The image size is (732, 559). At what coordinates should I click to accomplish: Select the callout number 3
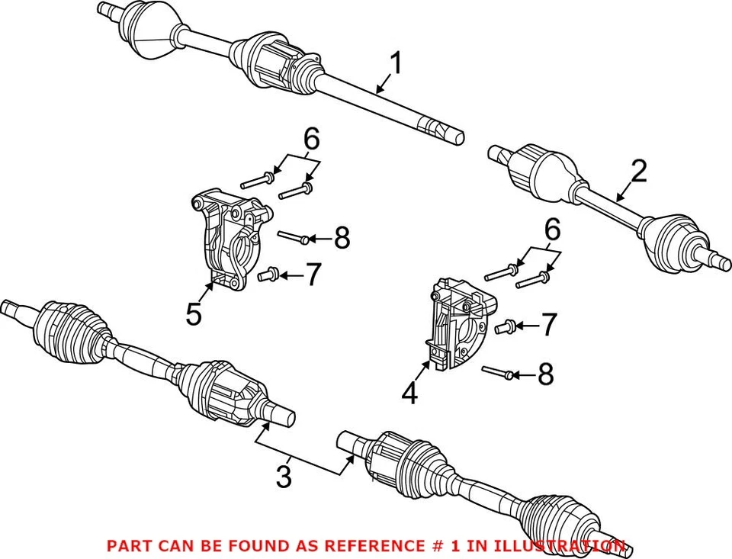[x=283, y=477]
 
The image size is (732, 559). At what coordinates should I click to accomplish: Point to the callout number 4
[x=409, y=394]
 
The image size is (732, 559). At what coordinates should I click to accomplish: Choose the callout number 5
[x=194, y=313]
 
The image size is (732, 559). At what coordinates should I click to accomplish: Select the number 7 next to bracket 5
[x=313, y=275]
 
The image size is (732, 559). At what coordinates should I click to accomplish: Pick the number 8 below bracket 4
[x=544, y=374]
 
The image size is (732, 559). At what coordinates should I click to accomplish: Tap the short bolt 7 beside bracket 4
[x=502, y=327]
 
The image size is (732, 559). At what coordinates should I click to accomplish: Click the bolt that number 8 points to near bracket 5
[x=293, y=238]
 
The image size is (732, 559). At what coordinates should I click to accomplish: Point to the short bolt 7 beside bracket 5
[x=268, y=275]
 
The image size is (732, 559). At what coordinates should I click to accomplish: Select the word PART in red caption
[x=128, y=546]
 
